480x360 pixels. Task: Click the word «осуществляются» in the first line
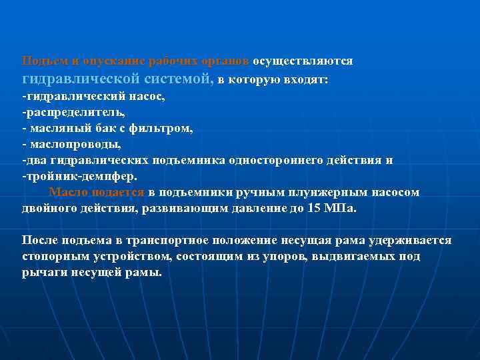[303, 61]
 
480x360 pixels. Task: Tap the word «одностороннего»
[289, 160]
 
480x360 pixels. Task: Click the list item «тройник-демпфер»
[80, 176]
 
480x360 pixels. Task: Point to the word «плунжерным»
[323, 192]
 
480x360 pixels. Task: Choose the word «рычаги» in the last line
[45, 273]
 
